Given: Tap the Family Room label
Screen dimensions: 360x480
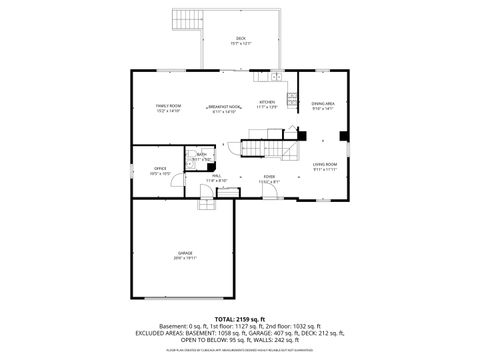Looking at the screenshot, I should [167, 107].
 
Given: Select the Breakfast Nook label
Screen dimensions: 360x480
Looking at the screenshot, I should [224, 108].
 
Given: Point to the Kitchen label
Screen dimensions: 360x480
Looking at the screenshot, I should [267, 103].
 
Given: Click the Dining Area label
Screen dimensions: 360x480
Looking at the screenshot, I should [322, 105].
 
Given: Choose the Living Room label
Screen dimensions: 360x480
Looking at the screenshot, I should [324, 165].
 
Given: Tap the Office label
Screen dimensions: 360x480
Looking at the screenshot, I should [160, 170].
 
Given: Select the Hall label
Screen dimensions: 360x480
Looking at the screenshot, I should [217, 178].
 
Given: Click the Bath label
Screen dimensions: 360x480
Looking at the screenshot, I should [201, 156].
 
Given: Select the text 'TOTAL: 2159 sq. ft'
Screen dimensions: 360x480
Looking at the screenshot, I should [240, 318].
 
